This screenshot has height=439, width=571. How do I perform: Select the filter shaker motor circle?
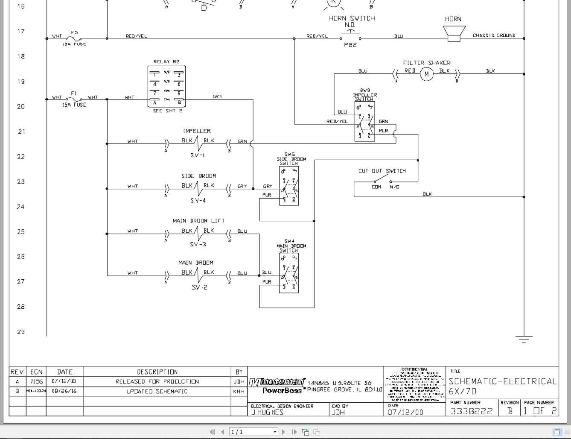coord(426,74)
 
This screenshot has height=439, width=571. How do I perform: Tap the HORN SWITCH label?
coord(352,18)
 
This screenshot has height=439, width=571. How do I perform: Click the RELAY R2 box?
coord(166,86)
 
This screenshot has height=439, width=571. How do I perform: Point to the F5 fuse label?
coord(74,32)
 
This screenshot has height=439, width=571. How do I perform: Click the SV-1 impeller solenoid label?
coord(197,155)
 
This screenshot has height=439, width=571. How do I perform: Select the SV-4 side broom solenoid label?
coord(198,200)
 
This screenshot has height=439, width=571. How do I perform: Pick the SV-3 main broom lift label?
coord(198,244)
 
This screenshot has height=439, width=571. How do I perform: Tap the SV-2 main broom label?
coord(199,287)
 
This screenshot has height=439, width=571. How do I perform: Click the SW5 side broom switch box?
coord(289,186)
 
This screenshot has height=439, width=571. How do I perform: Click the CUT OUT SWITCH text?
coord(382,171)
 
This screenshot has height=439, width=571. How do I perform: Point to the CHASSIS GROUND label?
coord(494,35)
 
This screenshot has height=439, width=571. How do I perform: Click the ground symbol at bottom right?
coord(524,339)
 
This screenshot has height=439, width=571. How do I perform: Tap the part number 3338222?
coord(472,411)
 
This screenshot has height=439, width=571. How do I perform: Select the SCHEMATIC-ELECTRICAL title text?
coord(502,381)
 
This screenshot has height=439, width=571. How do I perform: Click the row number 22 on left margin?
coord(21,157)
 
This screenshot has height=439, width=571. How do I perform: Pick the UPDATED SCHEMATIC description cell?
coord(157,391)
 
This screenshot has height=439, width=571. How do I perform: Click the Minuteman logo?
coord(277,382)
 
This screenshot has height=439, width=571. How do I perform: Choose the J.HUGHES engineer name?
coord(267,412)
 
